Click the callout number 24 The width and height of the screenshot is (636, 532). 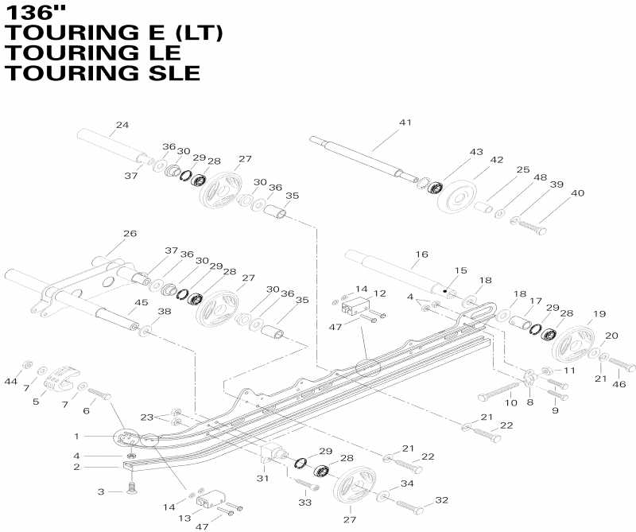122,125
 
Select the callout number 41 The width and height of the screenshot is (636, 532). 405,122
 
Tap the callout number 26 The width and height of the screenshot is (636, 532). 130,234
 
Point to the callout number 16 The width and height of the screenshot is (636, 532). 421,254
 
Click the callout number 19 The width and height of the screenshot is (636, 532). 599,313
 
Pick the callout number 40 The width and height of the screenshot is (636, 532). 577,192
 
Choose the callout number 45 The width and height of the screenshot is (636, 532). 141,302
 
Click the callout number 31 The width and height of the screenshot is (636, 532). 262,478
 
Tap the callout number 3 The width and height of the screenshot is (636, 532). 100,492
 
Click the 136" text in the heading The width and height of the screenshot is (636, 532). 36,12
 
